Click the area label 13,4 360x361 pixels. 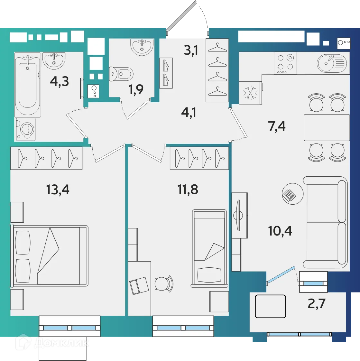pos(58,190)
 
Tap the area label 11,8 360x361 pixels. pos(188,190)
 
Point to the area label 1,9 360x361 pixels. pos(136,89)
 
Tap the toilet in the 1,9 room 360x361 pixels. pos(121,74)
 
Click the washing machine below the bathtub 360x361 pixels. pos(25,129)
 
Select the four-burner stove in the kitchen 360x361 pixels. pos(285,63)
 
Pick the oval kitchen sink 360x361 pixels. pos(332,63)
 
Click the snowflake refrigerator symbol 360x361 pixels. pos(250,93)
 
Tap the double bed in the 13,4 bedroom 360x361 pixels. pos(49,256)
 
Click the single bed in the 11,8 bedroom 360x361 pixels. pos(209,248)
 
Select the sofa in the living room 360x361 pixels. pos(325,222)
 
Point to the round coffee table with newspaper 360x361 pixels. pos(292,194)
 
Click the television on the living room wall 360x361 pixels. pos(238,216)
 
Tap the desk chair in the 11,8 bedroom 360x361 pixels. pos(164,284)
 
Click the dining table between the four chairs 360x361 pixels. pos(327,127)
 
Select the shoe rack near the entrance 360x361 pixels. pos(166,73)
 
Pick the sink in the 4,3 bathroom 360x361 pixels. pos(54,60)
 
